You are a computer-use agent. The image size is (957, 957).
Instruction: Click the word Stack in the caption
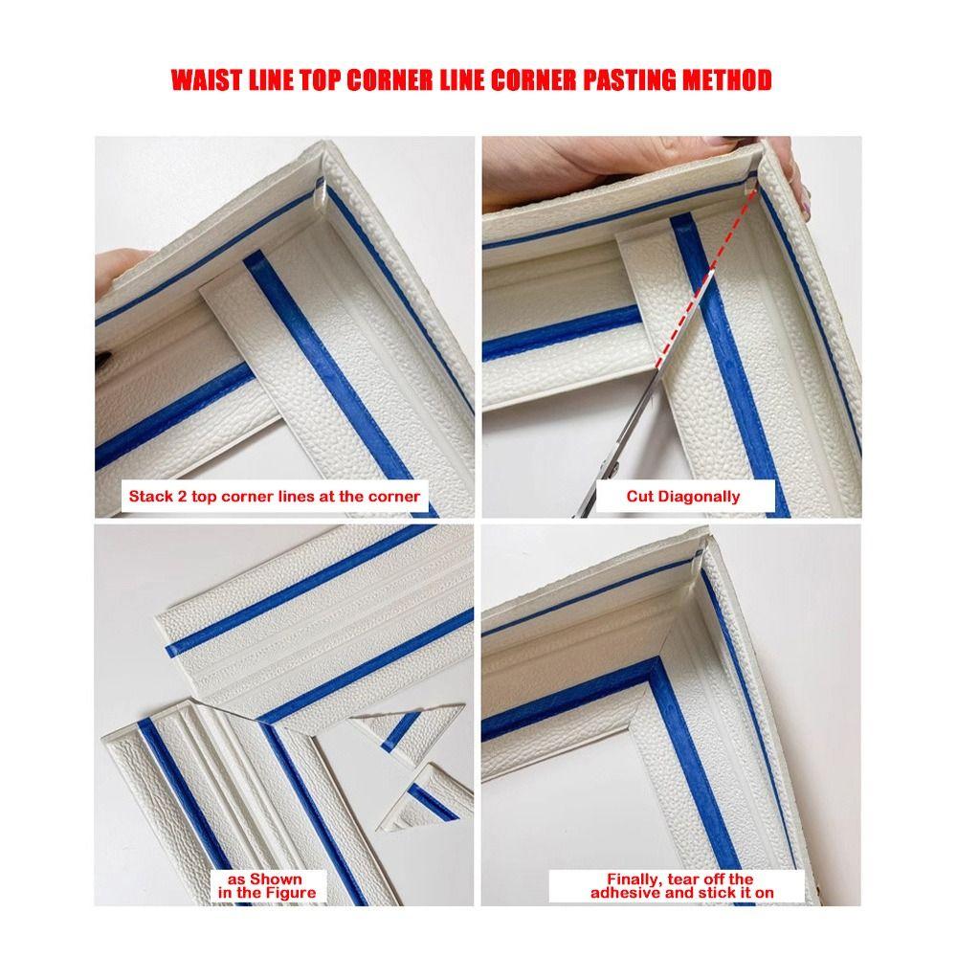coord(149,497)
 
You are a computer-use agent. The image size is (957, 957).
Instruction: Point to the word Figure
coord(288,893)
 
